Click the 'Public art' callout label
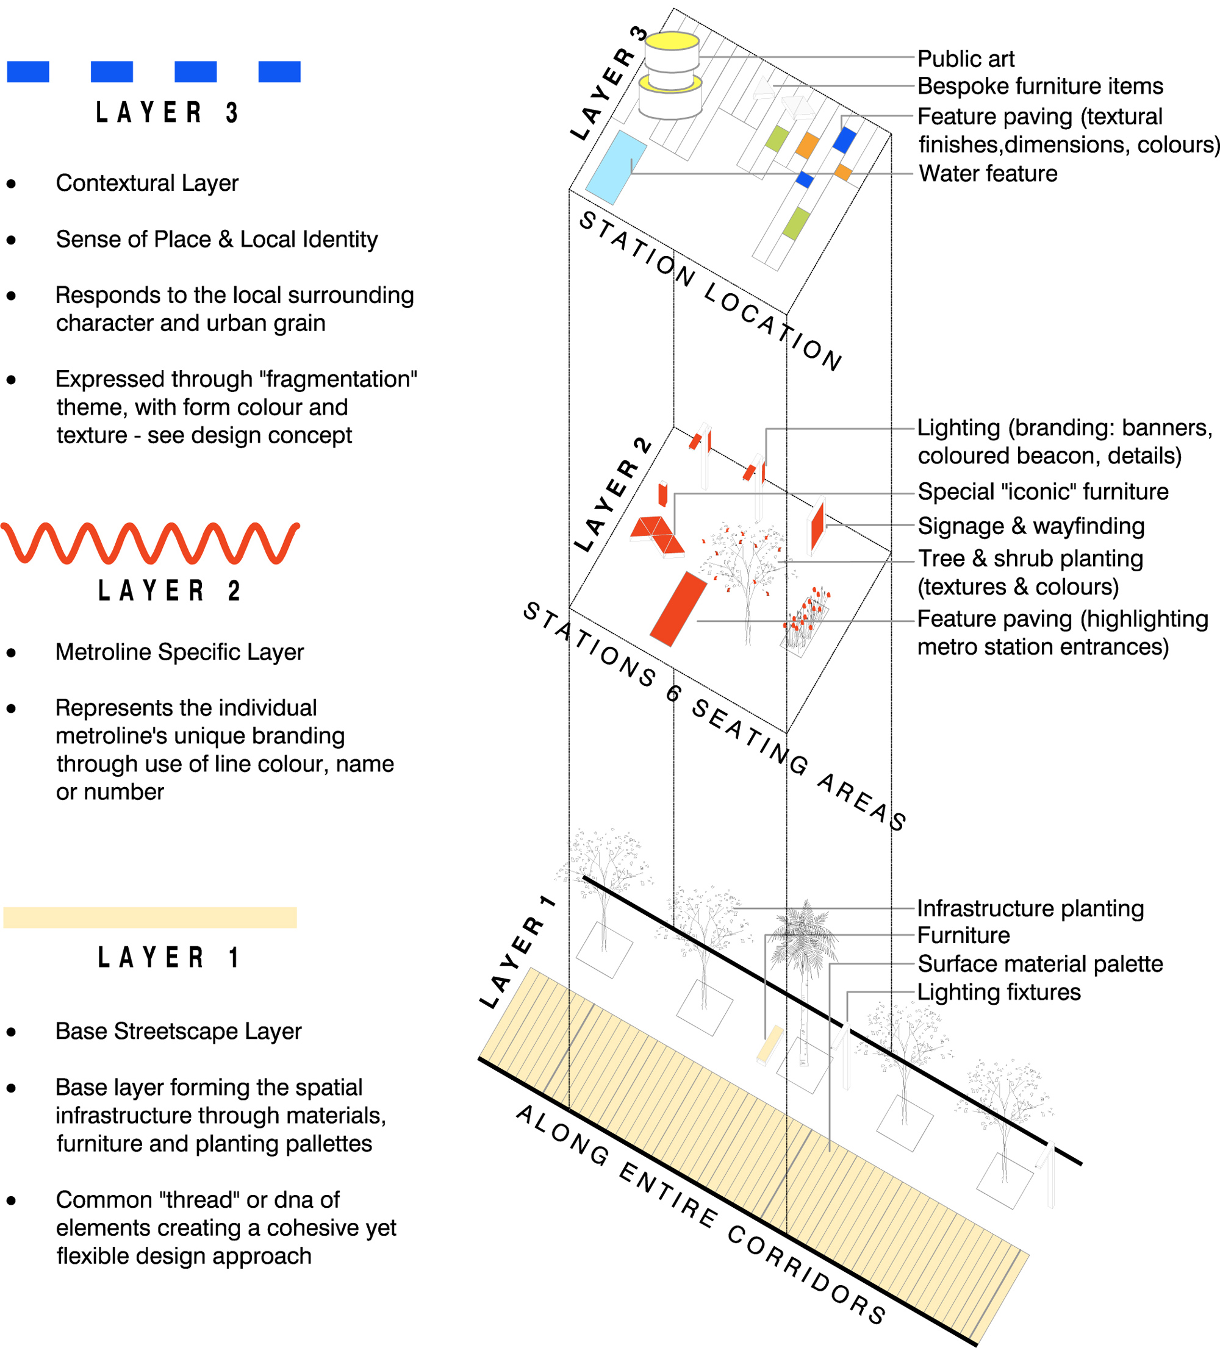coord(965,59)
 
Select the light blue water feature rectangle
coord(615,167)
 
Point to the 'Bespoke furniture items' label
coord(1039,86)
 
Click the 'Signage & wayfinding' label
coord(1031,526)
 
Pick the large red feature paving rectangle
coord(678,608)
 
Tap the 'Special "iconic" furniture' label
coord(1042,491)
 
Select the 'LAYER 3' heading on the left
coord(167,112)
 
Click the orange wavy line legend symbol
coord(150,542)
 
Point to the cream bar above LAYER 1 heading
coord(150,917)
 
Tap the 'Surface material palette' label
coord(1040,963)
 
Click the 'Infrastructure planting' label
coord(1030,908)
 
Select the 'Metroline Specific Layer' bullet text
coord(179,652)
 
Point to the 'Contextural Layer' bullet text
coord(147,182)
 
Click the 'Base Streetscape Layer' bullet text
coord(179,1031)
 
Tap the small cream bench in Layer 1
coord(769,1043)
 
